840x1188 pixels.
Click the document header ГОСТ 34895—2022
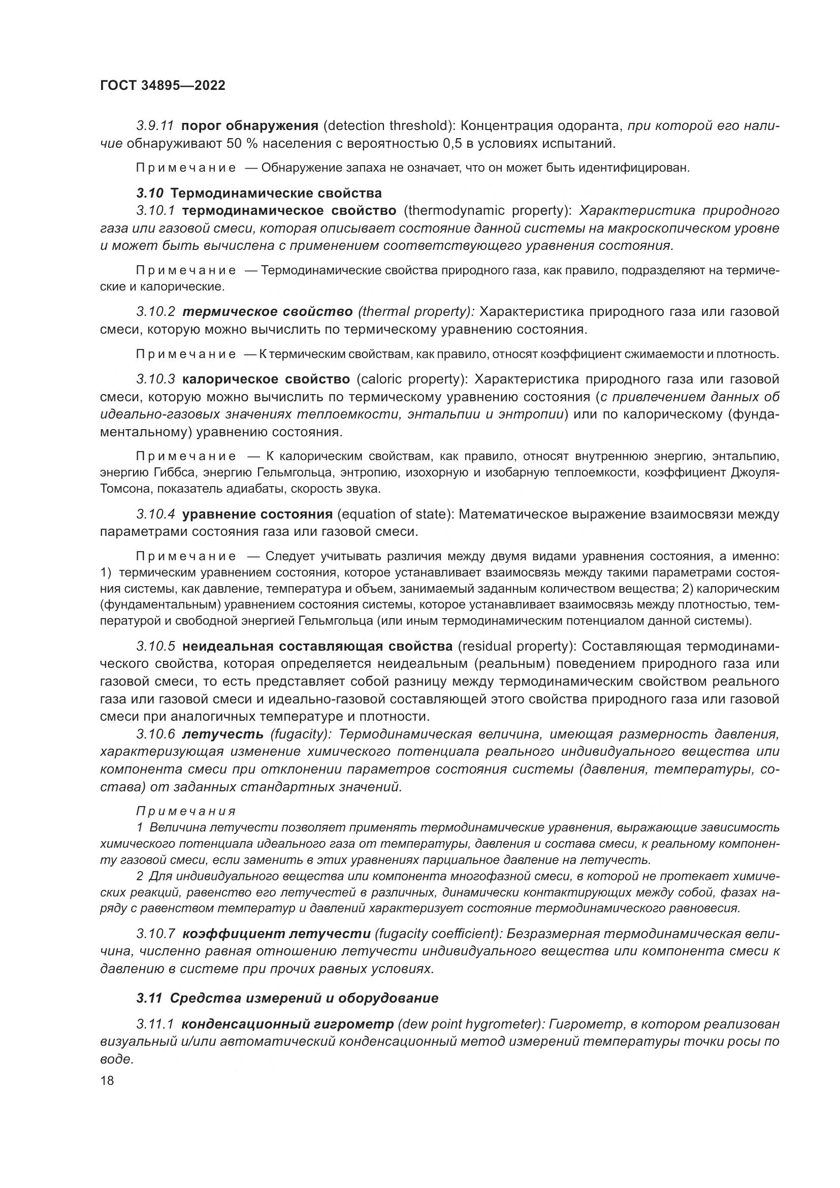[163, 86]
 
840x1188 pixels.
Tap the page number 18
[107, 1080]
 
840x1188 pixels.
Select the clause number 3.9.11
[155, 126]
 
